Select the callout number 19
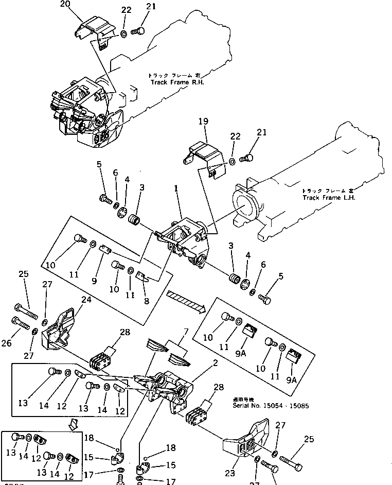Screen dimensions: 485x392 [203, 122]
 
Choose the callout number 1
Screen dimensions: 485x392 [176, 189]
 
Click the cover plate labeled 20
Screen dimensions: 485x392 [95, 31]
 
